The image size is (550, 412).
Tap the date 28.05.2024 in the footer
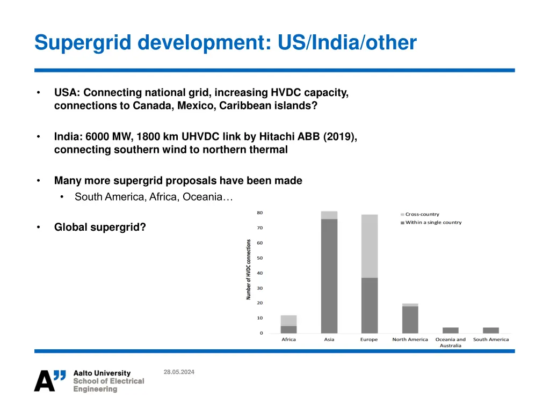click(x=179, y=372)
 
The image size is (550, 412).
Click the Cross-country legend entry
click(x=422, y=214)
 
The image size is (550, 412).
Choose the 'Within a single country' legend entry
click(x=433, y=222)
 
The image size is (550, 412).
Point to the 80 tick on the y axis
click(x=259, y=213)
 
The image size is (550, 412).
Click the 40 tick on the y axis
click(x=259, y=273)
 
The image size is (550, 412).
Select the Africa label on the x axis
click(x=288, y=340)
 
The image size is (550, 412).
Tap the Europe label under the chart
click(x=369, y=340)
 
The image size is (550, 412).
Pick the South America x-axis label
click(x=490, y=340)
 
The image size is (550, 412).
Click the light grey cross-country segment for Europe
click(x=370, y=246)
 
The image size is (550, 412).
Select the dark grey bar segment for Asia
click(x=329, y=276)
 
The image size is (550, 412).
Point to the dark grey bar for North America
click(x=410, y=320)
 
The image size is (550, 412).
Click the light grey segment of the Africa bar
click(x=288, y=320)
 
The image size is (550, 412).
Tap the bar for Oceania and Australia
click(x=451, y=330)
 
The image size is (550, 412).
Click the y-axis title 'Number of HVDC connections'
click(x=249, y=269)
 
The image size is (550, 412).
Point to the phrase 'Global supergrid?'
click(x=100, y=227)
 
